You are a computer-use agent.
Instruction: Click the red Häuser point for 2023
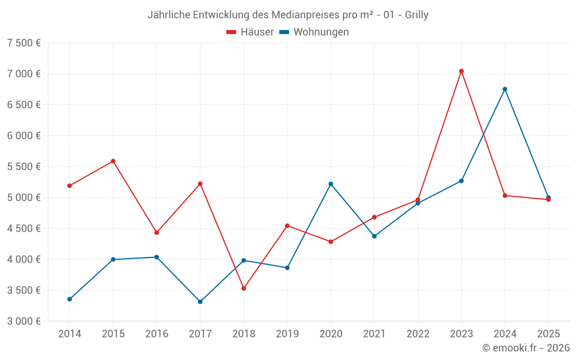[461, 71]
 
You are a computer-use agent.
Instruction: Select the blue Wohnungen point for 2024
[505, 89]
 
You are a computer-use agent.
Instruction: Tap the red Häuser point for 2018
[244, 288]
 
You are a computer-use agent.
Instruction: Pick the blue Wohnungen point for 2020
[331, 184]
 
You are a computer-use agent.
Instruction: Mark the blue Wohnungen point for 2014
[70, 299]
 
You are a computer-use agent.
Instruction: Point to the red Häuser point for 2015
[113, 161]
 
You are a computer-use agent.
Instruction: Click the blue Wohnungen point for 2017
[200, 302]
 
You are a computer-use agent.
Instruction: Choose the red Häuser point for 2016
[157, 233]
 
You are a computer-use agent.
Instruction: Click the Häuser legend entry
[250, 32]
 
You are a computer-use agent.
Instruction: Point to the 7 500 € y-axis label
[24, 43]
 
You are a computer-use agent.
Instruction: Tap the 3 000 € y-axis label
[24, 321]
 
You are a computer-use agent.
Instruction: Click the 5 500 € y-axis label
[24, 166]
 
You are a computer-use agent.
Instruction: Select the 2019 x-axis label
[287, 334]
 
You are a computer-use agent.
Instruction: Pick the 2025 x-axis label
[548, 334]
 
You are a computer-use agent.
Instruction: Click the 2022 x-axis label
[418, 334]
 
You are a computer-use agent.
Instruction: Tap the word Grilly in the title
[416, 15]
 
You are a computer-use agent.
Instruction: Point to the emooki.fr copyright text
[526, 348]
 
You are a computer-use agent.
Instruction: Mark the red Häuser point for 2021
[374, 217]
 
